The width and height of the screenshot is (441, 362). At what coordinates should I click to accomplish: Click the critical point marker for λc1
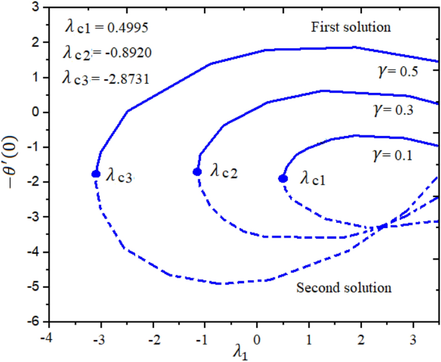pyautogui.click(x=283, y=178)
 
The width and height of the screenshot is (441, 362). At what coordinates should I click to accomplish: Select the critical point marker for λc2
pyautogui.click(x=197, y=172)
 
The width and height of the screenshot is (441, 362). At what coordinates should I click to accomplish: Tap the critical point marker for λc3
pyautogui.click(x=96, y=174)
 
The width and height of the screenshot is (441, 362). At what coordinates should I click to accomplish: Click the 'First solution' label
pyautogui.click(x=351, y=28)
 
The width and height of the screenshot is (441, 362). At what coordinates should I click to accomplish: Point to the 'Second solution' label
pyautogui.click(x=344, y=287)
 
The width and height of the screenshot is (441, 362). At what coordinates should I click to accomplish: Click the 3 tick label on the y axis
pyautogui.click(x=36, y=7)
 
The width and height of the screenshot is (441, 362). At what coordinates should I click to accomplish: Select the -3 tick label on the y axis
pyautogui.click(x=33, y=216)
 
